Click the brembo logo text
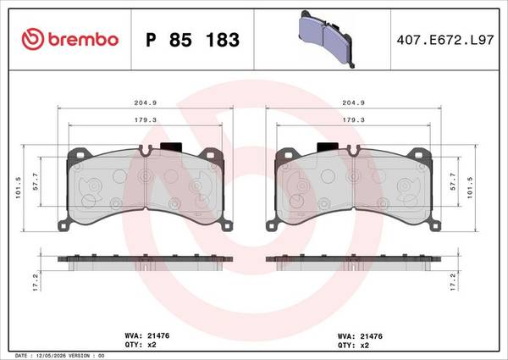(x=83, y=40)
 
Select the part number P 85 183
(x=192, y=40)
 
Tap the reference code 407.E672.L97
(x=445, y=40)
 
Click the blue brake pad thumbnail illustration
(x=327, y=39)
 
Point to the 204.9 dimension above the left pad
(x=146, y=102)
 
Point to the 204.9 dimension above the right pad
(x=353, y=102)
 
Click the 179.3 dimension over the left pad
(x=146, y=120)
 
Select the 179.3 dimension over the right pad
(x=353, y=120)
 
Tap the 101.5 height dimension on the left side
(x=18, y=187)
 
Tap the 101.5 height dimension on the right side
(x=470, y=187)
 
